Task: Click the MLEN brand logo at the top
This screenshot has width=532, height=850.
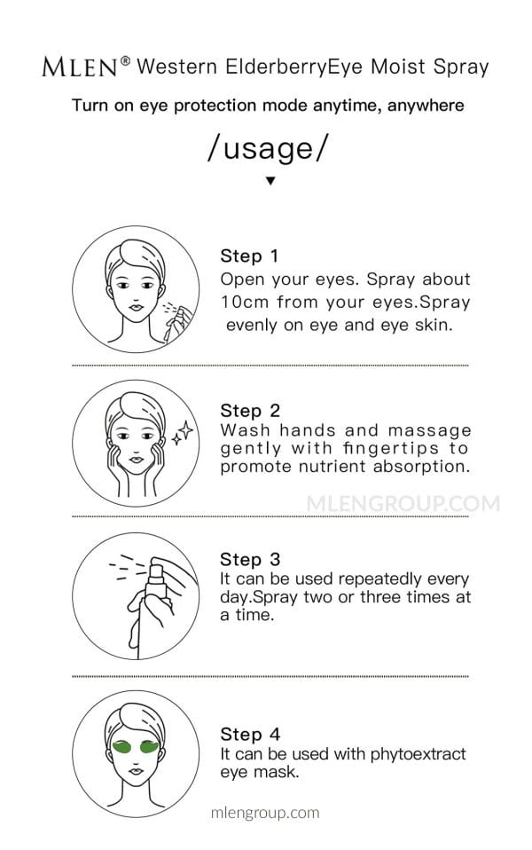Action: [x=80, y=67]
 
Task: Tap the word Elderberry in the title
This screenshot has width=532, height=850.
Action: [x=276, y=67]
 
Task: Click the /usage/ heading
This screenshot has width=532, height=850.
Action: [x=268, y=148]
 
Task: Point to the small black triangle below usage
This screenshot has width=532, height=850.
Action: [x=270, y=180]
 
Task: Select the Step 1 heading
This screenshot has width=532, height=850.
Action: [x=249, y=256]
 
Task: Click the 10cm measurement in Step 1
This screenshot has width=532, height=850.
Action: [x=245, y=302]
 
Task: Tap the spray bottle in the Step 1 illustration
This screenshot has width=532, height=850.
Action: [x=179, y=323]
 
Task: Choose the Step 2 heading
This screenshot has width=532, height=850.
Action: [x=250, y=411]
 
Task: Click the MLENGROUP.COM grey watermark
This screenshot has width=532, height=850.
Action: [x=403, y=504]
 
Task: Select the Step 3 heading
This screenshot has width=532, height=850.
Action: [x=250, y=559]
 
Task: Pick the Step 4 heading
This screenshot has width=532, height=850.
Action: [x=250, y=734]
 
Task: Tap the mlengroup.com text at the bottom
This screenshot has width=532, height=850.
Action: [x=265, y=813]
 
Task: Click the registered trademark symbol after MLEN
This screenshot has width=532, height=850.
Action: [x=125, y=60]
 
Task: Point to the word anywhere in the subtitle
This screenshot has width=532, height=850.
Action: [x=426, y=106]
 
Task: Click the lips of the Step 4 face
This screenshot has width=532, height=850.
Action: [x=136, y=771]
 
